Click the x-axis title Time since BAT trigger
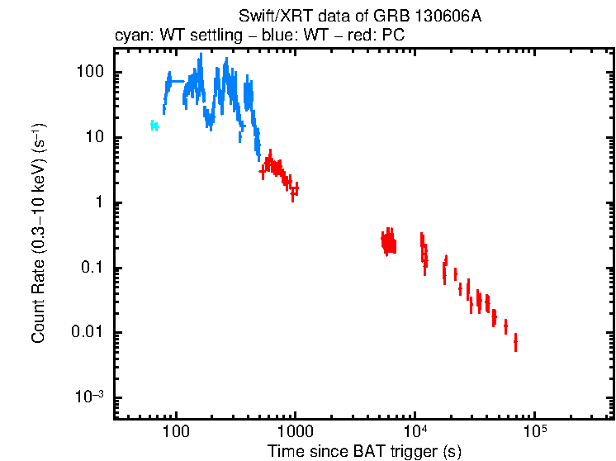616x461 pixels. (363, 451)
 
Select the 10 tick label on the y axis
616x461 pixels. (96, 137)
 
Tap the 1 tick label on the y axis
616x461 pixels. (101, 202)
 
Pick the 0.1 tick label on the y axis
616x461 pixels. (93, 268)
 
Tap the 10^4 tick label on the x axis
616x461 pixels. (415, 431)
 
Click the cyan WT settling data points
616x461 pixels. (154, 126)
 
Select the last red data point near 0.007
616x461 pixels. (515, 340)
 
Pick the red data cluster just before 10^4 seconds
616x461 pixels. (388, 242)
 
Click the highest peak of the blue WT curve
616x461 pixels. (201, 56)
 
